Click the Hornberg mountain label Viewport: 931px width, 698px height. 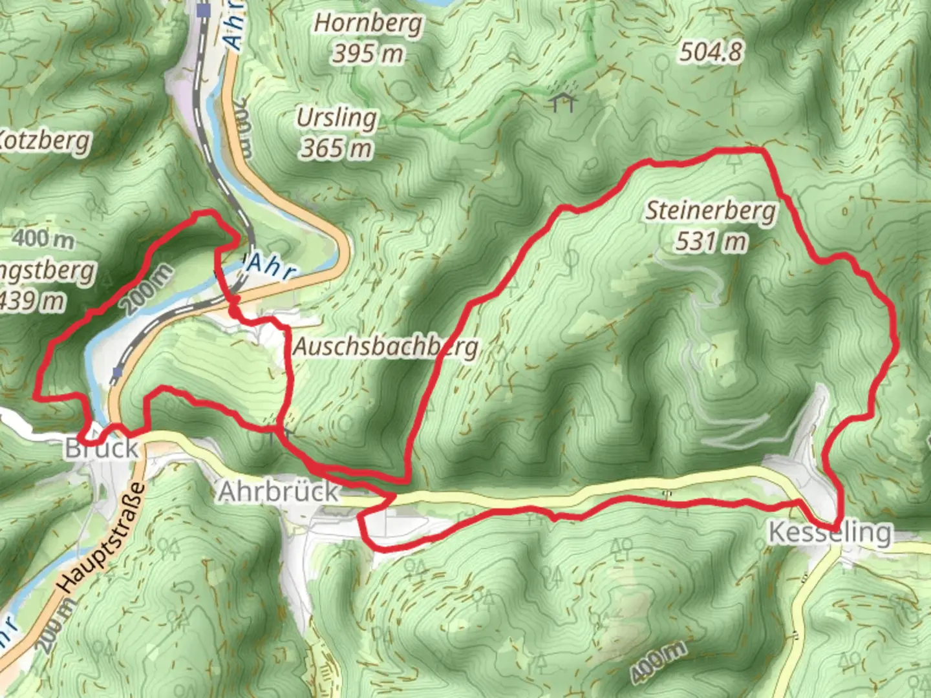(368, 23)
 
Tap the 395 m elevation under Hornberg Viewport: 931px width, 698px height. (368, 53)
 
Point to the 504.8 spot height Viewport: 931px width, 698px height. (711, 52)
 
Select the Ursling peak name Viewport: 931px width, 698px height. (336, 118)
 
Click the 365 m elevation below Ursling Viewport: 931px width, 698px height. (336, 149)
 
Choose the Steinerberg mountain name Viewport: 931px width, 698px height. (711, 211)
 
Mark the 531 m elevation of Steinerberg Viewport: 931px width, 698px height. (711, 242)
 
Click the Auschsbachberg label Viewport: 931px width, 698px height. (386, 347)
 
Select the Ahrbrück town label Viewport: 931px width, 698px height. (278, 492)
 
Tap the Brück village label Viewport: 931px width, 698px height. (102, 449)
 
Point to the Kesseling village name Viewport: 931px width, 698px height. (829, 533)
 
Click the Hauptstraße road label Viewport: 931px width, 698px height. (102, 538)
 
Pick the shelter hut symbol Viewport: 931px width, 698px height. (564, 101)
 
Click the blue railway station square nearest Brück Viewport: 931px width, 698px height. (118, 372)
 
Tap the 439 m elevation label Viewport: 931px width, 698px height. (32, 301)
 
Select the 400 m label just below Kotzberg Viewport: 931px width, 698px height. (43, 238)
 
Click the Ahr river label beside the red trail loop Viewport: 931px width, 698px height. (270, 266)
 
